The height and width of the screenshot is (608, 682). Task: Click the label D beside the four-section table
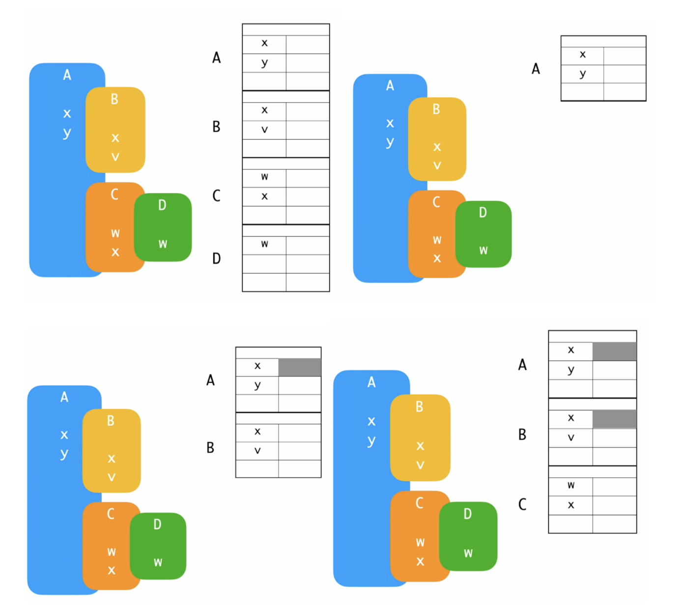(216, 258)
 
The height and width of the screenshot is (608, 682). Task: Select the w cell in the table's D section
(264, 245)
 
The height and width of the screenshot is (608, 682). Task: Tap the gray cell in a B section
(614, 419)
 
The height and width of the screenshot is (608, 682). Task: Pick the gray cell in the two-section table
(300, 367)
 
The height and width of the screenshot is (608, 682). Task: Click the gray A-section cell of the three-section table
(614, 351)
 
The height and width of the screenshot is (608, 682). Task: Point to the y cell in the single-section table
(582, 74)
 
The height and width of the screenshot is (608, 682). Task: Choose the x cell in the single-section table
(582, 55)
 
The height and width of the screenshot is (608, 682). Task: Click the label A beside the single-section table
(536, 69)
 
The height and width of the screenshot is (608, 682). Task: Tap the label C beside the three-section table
(522, 504)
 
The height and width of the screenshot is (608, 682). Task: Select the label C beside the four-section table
(216, 196)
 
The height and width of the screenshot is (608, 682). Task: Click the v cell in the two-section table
(257, 451)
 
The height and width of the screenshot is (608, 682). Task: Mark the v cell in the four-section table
(264, 130)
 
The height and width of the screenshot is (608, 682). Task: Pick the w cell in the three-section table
(570, 486)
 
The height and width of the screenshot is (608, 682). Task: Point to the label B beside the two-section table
(210, 448)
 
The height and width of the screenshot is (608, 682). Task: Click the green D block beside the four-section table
(163, 227)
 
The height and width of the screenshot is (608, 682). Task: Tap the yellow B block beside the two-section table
(112, 450)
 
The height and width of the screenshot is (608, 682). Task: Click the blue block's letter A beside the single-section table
(390, 86)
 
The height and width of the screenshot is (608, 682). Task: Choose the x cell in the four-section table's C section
(264, 196)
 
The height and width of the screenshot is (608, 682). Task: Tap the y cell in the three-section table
(570, 370)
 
